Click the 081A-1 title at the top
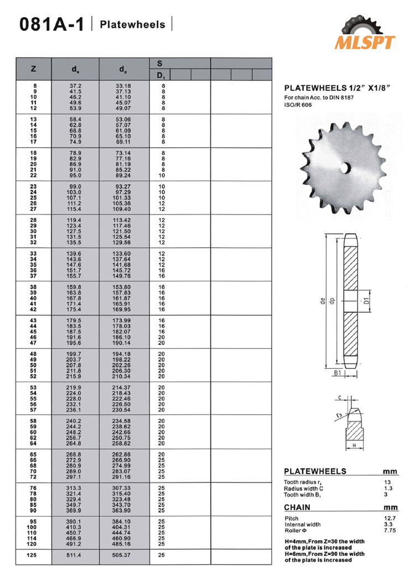[52, 25]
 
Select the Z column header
[33, 69]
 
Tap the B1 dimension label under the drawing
[338, 374]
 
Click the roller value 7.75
[390, 530]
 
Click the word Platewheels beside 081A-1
[132, 24]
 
